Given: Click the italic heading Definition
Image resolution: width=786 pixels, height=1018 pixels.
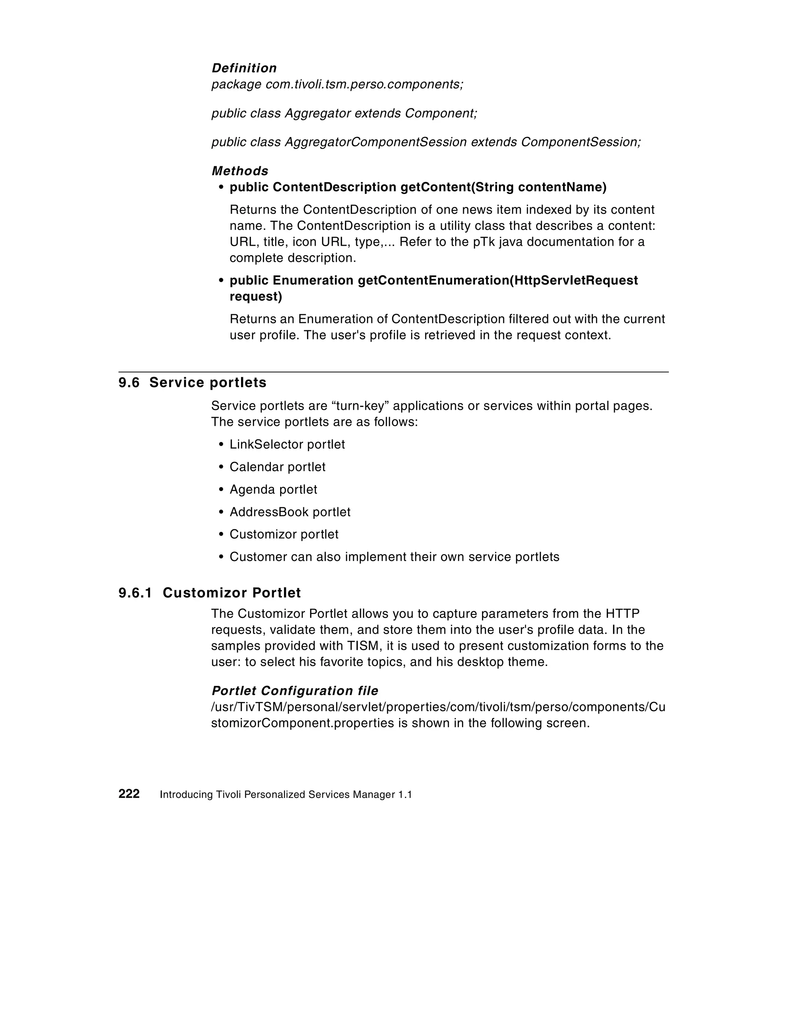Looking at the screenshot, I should click(x=244, y=68).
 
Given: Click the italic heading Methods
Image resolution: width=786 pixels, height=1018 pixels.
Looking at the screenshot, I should click(x=239, y=170).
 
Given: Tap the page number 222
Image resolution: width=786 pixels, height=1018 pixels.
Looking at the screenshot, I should click(x=129, y=794).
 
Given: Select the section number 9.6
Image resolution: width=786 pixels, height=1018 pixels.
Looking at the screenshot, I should click(x=129, y=383).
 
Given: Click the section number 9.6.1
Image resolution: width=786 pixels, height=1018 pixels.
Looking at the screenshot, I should click(x=135, y=593).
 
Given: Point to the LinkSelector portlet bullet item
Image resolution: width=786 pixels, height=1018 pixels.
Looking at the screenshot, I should click(x=287, y=444).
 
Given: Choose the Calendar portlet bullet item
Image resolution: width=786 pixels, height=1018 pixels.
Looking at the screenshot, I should click(x=277, y=467).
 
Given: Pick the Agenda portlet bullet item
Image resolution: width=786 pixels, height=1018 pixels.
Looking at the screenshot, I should click(x=273, y=490).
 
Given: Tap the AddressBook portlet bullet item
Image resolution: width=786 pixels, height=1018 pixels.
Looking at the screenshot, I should click(x=290, y=512).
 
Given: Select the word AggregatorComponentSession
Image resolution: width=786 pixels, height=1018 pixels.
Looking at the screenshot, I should click(x=375, y=142).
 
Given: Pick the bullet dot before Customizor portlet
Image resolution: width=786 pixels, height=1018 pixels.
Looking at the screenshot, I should click(x=221, y=535).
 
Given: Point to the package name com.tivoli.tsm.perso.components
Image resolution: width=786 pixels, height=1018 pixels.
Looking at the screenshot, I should click(x=364, y=84).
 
